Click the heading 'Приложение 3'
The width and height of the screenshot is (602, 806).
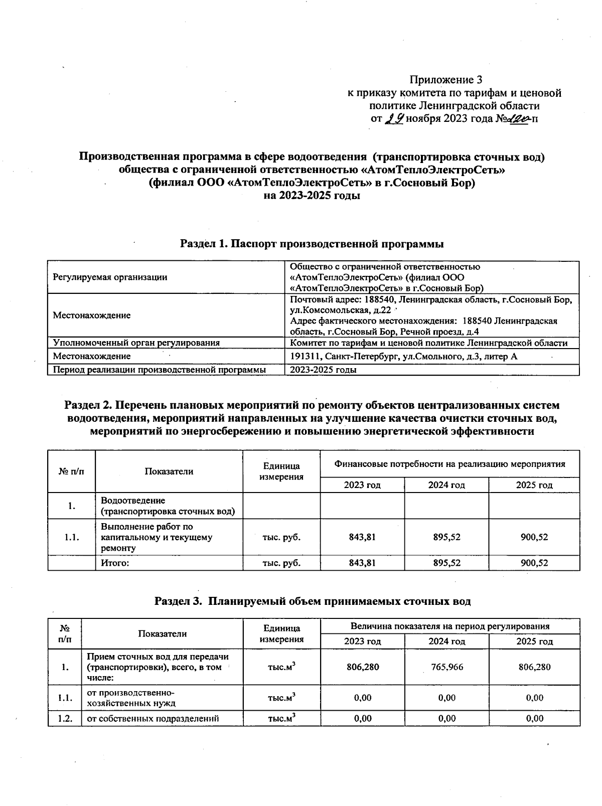[x=446, y=80]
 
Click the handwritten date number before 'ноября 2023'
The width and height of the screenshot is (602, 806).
[x=394, y=119]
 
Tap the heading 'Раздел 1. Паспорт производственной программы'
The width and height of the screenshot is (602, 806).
[x=312, y=244]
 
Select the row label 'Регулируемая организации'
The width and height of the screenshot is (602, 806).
[x=110, y=277]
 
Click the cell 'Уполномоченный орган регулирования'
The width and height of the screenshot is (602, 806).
[x=136, y=343]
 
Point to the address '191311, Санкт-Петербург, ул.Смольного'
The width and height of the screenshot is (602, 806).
[x=404, y=357]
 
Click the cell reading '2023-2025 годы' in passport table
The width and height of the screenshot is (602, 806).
[x=324, y=370]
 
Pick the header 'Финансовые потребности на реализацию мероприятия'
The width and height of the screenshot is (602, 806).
[x=449, y=464]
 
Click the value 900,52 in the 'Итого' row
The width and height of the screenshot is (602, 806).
[x=534, y=563]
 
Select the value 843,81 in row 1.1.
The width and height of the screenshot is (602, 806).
[x=362, y=537]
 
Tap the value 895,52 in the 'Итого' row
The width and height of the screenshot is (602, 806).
[x=446, y=563]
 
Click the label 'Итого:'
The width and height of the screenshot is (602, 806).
[x=115, y=563]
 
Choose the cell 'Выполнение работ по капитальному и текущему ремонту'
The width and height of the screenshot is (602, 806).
[x=156, y=537]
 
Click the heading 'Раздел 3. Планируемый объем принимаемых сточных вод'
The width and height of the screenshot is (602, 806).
[x=312, y=601]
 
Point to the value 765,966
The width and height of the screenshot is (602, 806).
[x=446, y=667]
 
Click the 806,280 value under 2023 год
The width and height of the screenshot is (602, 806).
[x=362, y=667]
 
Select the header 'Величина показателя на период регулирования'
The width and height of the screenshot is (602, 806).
[x=449, y=626]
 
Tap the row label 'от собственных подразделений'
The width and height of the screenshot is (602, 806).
[x=153, y=718]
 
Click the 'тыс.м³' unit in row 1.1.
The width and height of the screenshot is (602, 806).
[x=281, y=698]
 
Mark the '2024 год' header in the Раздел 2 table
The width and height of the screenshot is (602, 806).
[x=446, y=485]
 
